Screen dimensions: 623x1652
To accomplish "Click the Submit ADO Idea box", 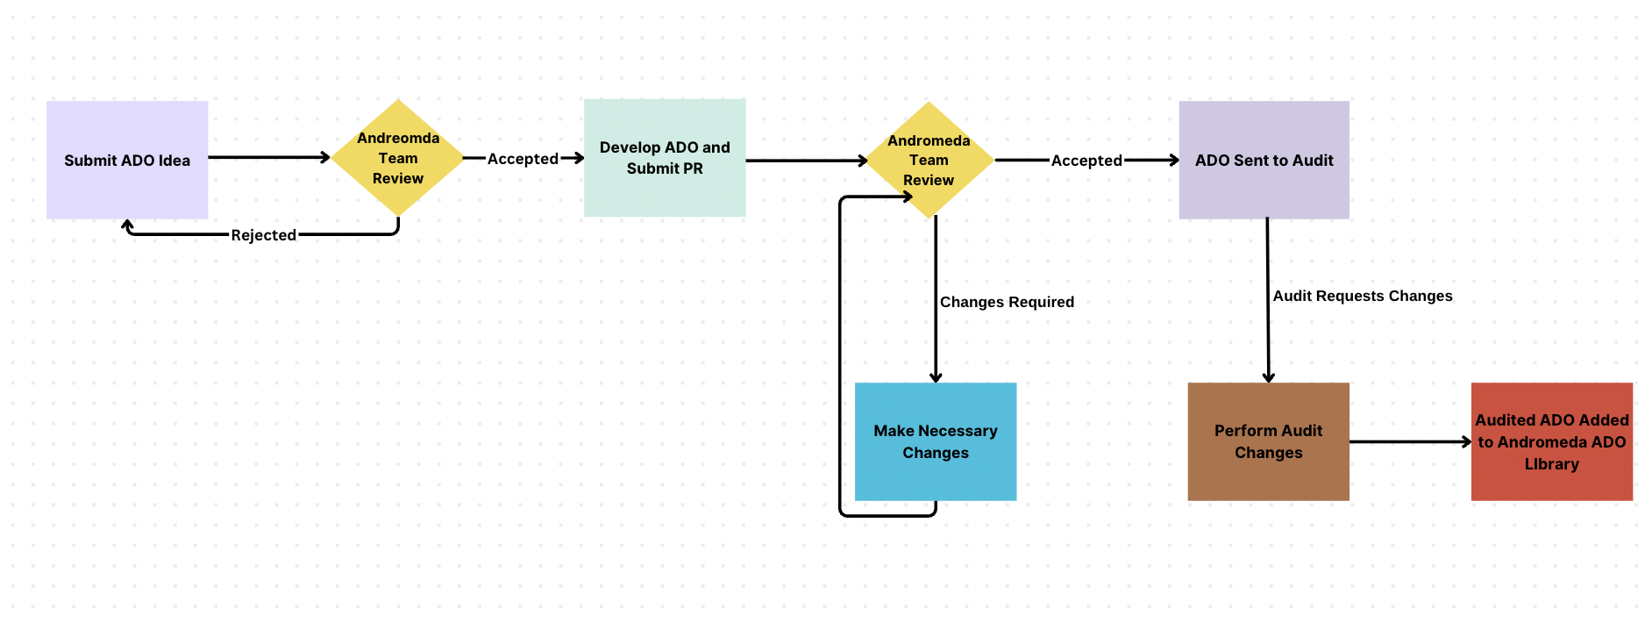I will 127,160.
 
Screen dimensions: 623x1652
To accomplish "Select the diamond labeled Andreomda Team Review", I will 398,158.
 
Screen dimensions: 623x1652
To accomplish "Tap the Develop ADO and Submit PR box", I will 665,158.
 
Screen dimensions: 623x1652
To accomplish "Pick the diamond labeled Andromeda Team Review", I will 929,160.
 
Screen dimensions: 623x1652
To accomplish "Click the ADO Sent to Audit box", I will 1264,160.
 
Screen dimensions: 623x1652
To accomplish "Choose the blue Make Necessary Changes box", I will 936,441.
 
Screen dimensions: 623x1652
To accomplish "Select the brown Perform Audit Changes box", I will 1268,441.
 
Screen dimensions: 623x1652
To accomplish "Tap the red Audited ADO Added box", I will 1551,441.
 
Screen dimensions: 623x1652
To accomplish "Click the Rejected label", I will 263,235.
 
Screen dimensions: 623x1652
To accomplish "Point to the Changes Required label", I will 1007,302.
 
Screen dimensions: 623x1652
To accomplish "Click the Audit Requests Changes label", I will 1362,296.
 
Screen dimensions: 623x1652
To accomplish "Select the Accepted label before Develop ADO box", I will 523,159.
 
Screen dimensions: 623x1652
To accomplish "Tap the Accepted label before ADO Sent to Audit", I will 1086,161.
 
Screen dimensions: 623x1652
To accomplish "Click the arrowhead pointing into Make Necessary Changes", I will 936,377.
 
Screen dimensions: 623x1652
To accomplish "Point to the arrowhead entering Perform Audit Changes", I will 1268,377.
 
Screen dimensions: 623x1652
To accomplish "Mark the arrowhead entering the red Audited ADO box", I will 1466,441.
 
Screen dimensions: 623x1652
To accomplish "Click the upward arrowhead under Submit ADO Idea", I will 128,226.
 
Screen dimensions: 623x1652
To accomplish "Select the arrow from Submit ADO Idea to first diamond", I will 267,157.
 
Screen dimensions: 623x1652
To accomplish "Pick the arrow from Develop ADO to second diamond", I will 805,161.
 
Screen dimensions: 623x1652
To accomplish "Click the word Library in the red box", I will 1551,464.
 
